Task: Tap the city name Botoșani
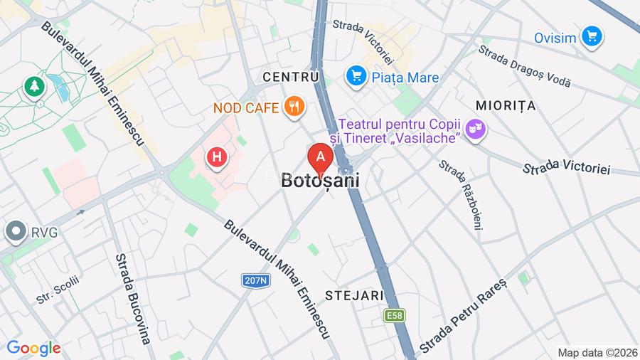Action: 320,181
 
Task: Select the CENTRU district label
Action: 290,76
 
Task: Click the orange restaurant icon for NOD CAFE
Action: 294,107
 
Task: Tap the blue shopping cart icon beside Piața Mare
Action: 356,76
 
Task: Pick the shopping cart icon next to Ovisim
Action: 591,36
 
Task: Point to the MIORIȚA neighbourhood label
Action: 506,105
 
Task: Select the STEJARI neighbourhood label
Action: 354,295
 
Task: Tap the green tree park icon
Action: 33,87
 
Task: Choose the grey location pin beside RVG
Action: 14,232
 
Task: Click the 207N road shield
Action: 255,280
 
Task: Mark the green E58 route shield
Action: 395,314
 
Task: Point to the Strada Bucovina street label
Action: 132,298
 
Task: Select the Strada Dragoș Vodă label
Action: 524,65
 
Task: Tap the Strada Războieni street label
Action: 461,194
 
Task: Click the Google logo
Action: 33,348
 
